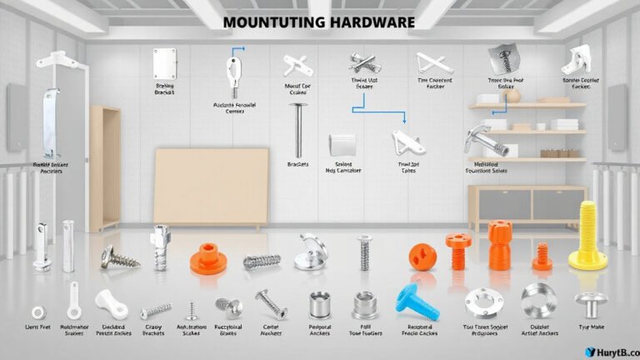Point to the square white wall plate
tap(163, 63)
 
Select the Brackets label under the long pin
tap(297, 165)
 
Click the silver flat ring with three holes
tap(484, 301)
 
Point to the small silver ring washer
tap(38, 312)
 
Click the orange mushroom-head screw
tap(457, 249)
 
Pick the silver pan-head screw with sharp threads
tap(118, 257)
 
